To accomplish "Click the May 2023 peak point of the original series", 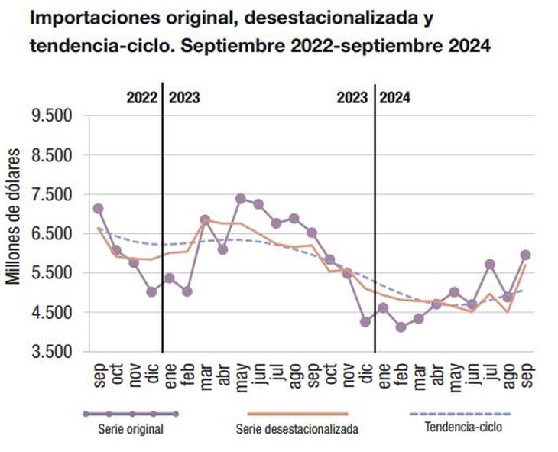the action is (x=241, y=199).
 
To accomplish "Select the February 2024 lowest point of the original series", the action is (x=401, y=327).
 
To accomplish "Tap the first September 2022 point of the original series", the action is (x=98, y=208).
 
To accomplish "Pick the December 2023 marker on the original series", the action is (x=365, y=322).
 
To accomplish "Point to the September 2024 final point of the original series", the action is (x=526, y=255).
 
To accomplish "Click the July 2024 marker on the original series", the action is (x=490, y=264).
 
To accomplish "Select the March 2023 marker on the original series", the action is (x=205, y=219).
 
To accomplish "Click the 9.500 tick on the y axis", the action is (x=52, y=115).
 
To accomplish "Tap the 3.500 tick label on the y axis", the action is (x=52, y=352).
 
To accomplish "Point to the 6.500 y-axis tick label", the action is (x=52, y=234).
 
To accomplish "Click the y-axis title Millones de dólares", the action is (x=13, y=216).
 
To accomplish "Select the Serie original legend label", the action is (x=131, y=429).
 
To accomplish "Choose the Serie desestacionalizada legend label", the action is (x=297, y=429).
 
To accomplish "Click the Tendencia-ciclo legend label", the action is (x=463, y=427).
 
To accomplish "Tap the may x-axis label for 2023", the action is (x=242, y=377).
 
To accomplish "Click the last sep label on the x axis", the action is (x=527, y=375).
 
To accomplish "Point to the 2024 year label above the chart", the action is (x=394, y=98).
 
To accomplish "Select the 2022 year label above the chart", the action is (x=142, y=98).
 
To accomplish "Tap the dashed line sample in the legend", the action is (x=460, y=414).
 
